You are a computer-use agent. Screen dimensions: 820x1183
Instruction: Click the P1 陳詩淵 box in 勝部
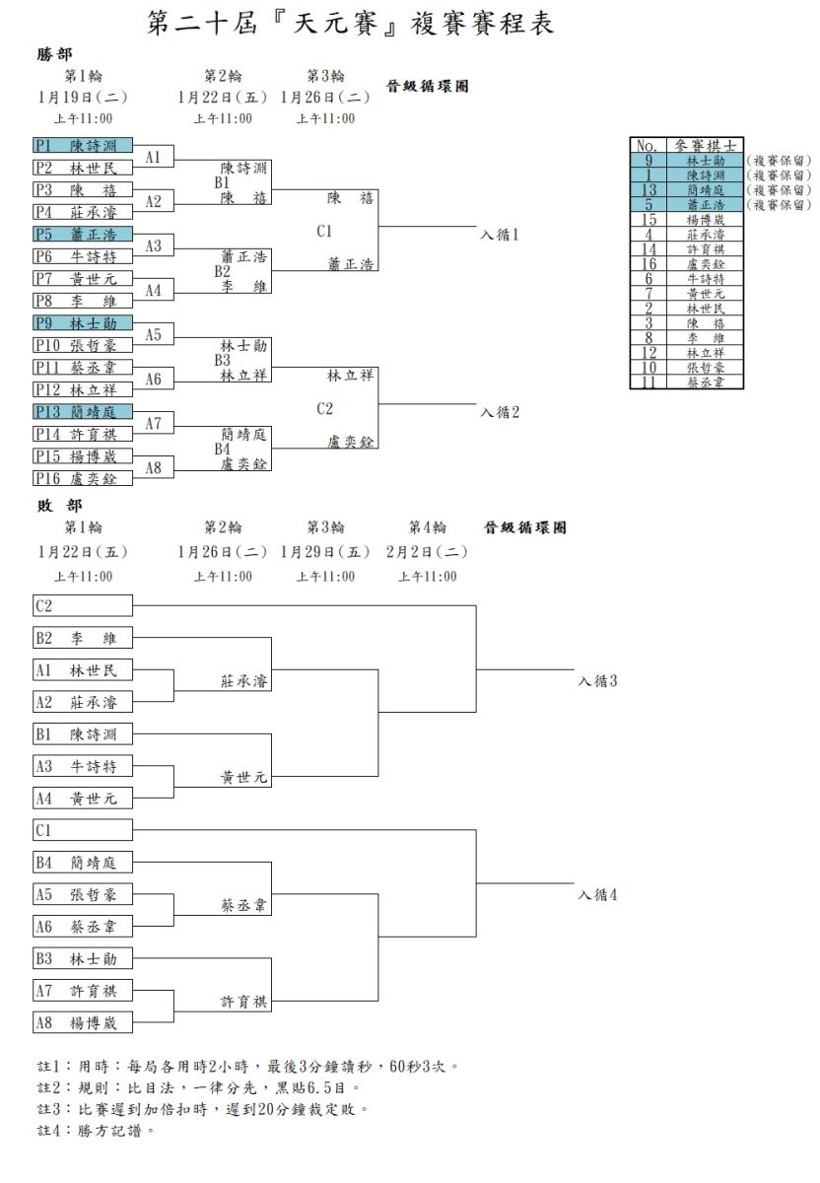[x=83, y=145]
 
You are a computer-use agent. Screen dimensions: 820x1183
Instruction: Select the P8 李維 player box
[x=83, y=301]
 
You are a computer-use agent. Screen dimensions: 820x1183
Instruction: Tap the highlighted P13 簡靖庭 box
[x=83, y=411]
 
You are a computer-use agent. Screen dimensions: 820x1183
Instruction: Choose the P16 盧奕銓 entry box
[x=83, y=478]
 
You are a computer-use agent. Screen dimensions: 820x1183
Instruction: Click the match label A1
[x=153, y=157]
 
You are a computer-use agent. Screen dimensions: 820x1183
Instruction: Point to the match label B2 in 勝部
[x=223, y=271]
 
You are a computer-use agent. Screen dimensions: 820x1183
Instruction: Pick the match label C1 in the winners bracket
[x=324, y=232]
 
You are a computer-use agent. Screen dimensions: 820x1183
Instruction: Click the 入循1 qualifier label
[x=499, y=235]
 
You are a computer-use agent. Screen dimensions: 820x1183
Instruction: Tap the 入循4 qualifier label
[x=597, y=895]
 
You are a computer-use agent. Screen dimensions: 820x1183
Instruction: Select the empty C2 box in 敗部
[x=83, y=605]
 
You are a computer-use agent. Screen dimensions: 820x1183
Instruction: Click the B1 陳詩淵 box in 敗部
[x=83, y=734]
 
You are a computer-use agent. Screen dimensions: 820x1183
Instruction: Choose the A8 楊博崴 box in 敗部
[x=83, y=1022]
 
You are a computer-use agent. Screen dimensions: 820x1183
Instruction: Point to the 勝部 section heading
[x=54, y=54]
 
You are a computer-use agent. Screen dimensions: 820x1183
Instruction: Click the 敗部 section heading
[x=59, y=506]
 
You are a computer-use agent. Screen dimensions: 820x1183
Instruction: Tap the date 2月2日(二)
[x=427, y=552]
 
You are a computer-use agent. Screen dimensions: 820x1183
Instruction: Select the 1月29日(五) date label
[x=325, y=552]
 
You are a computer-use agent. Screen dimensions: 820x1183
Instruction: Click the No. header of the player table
[x=648, y=145]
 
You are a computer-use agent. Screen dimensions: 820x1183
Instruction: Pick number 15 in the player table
[x=649, y=219]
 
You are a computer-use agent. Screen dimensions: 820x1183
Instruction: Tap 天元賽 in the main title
[x=336, y=24]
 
